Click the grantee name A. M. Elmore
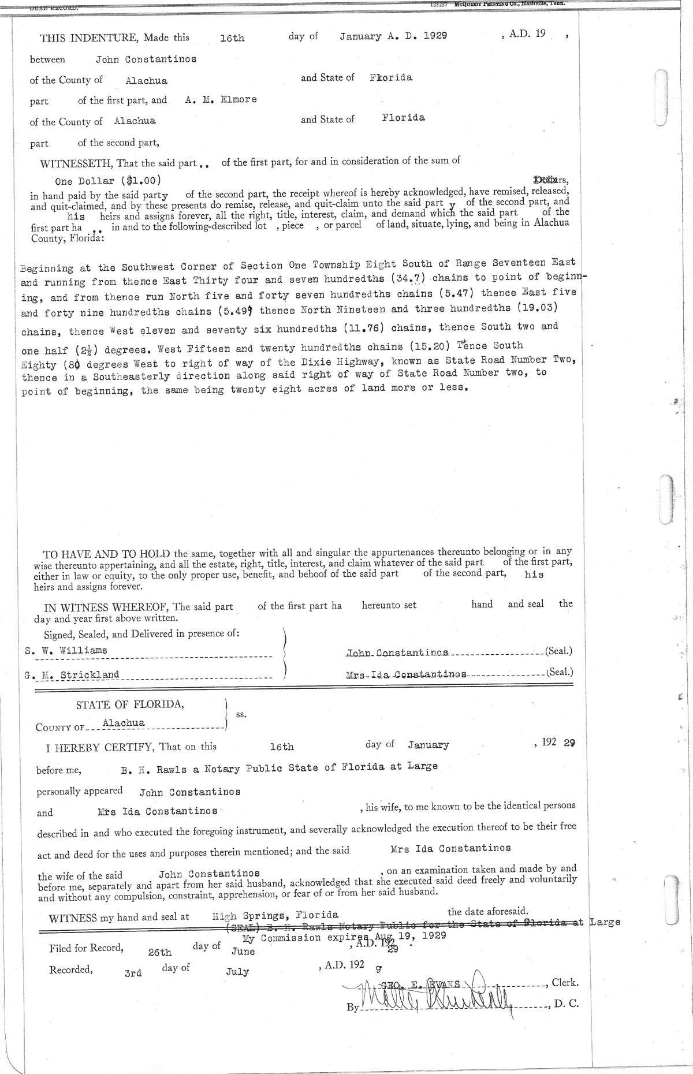tap(221, 99)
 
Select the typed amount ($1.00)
tap(144, 180)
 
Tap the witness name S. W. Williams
tap(66, 650)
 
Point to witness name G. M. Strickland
tap(72, 674)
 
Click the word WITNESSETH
tap(77, 163)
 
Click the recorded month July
tap(237, 972)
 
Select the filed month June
tap(243, 952)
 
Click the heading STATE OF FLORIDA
tap(130, 704)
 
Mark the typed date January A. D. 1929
tap(393, 36)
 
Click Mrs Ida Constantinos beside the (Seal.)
tap(406, 674)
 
